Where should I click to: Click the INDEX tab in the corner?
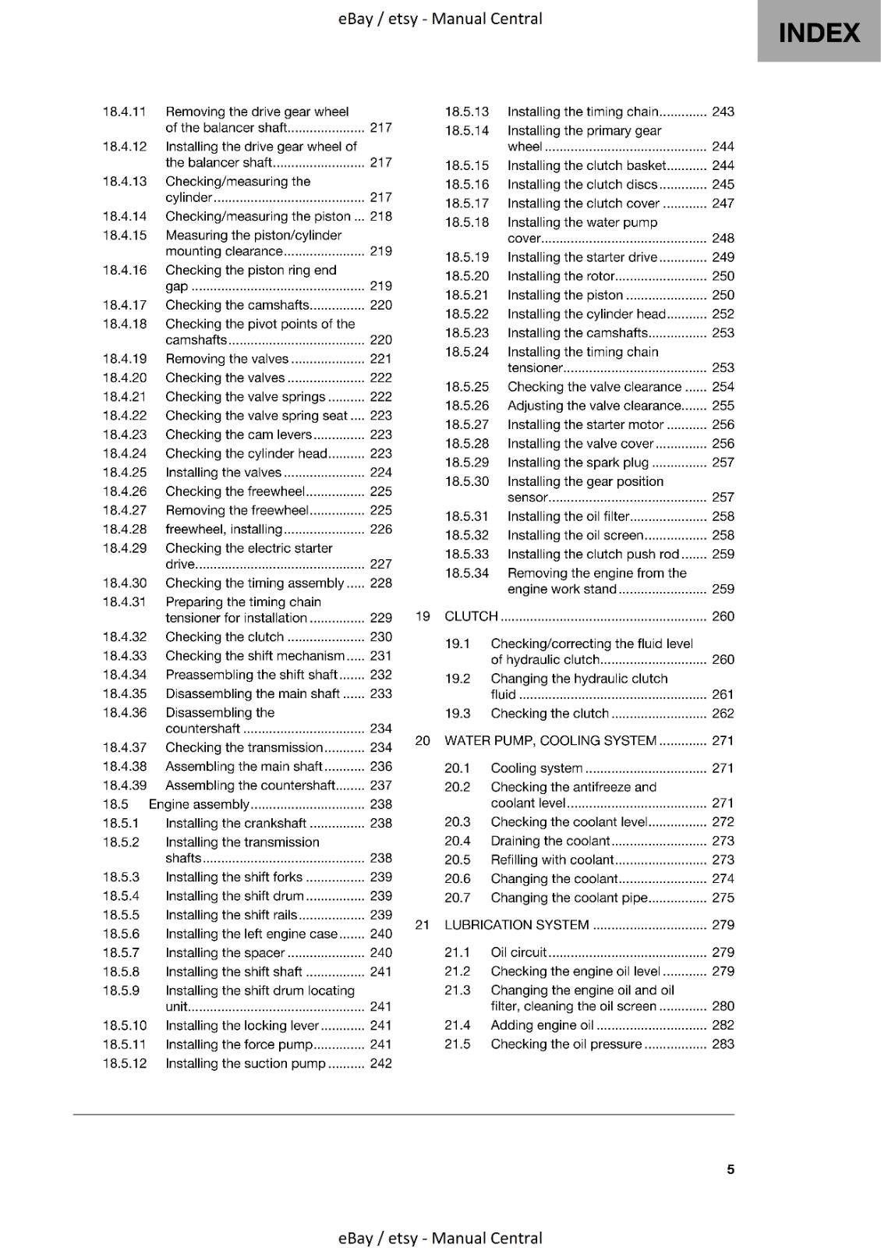(x=819, y=32)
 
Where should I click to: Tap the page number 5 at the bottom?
(x=731, y=1169)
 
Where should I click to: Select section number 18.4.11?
(x=125, y=112)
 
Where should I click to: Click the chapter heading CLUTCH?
(x=471, y=616)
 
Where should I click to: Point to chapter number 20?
(x=423, y=741)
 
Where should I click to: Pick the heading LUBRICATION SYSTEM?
(x=516, y=925)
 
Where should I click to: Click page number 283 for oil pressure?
(x=723, y=1044)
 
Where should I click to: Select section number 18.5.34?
(x=467, y=573)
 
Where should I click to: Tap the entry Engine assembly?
(x=199, y=804)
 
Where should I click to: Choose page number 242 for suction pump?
(x=380, y=1063)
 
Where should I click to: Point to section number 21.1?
(x=458, y=952)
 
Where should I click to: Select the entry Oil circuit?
(x=518, y=952)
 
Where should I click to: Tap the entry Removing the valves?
(x=227, y=359)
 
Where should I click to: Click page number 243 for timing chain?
(x=723, y=112)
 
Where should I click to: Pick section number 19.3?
(x=458, y=714)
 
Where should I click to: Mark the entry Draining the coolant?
(x=550, y=841)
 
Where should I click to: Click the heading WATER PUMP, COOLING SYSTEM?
(x=550, y=741)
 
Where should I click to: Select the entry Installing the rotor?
(x=561, y=276)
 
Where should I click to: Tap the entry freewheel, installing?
(x=223, y=530)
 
